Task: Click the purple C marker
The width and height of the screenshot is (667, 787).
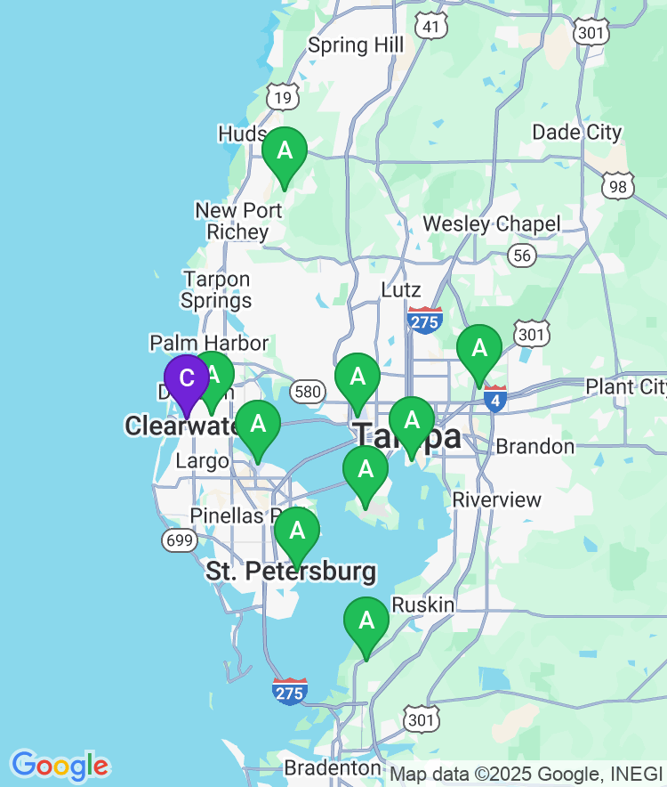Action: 187,379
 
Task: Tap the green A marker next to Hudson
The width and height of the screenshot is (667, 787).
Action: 285,151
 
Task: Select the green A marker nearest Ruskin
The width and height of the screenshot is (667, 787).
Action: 366,621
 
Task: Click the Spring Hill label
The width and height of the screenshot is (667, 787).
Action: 356,45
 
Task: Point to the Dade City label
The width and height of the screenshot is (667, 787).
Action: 577,133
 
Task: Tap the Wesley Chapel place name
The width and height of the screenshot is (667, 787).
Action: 492,223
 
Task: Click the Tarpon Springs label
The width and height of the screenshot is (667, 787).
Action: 216,290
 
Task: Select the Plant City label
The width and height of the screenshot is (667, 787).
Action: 625,387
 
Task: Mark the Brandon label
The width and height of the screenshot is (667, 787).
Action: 535,446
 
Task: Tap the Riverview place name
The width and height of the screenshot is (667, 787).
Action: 497,499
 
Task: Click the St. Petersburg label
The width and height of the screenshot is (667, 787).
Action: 291,572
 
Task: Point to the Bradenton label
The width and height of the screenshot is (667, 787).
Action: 333,767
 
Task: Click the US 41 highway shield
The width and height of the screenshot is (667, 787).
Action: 431,27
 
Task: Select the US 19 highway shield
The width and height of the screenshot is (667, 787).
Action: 284,97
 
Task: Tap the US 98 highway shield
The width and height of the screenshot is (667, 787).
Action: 616,185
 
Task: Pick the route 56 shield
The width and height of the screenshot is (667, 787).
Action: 523,256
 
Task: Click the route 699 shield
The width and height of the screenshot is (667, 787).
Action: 180,540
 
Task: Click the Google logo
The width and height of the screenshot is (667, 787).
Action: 60,766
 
